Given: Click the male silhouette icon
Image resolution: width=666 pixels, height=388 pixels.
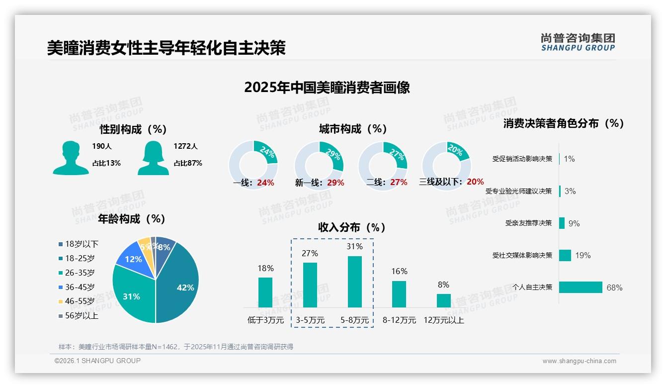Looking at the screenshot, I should (x=71, y=158).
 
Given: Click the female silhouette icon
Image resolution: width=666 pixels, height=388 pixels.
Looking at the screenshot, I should (x=153, y=158).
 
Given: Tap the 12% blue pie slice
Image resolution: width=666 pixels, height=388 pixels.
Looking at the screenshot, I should (x=133, y=259).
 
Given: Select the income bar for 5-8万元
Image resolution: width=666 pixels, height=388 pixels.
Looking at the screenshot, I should (x=354, y=282).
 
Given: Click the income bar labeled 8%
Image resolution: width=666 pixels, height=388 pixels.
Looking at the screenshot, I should (x=443, y=300).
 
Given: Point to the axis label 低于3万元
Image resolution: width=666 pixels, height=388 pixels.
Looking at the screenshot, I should (x=265, y=320).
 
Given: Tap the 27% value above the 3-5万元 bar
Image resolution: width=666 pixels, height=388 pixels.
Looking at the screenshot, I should (x=310, y=253).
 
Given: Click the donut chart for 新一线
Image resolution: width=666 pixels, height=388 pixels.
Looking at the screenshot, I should (x=319, y=166).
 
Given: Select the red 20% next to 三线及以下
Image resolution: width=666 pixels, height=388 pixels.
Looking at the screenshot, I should (x=475, y=182).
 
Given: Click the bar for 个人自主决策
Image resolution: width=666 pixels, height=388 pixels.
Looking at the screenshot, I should (x=580, y=287).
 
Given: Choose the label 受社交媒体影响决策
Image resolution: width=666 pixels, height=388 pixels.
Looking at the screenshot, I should (x=522, y=255).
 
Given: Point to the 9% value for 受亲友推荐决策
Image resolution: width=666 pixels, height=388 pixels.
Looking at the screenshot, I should (x=574, y=223).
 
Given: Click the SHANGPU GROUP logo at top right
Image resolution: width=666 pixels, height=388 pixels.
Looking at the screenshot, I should (x=578, y=42).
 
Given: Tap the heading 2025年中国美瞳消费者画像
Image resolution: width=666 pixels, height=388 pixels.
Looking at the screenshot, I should (x=327, y=87).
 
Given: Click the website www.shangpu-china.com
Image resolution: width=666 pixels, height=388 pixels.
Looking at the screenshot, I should (x=579, y=361).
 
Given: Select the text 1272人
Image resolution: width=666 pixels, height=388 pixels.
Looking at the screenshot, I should (x=185, y=146).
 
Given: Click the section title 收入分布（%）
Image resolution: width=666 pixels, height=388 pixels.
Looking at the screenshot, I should (x=352, y=227).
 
